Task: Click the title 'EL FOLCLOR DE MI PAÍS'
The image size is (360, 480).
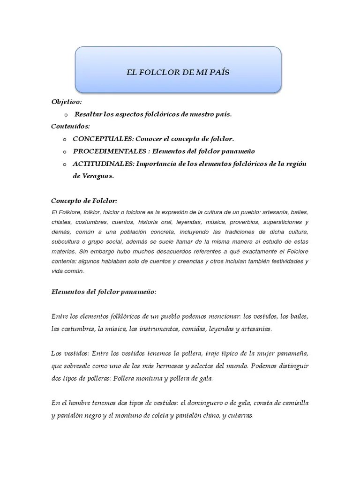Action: [x=178, y=72]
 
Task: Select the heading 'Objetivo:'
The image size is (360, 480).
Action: [x=67, y=102]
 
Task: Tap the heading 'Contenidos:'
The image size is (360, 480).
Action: [x=70, y=127]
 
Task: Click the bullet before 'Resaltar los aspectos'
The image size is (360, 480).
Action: [x=65, y=115]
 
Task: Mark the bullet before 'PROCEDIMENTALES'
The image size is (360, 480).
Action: [x=65, y=152]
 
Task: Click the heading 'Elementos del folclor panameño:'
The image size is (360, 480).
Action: [x=104, y=292]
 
